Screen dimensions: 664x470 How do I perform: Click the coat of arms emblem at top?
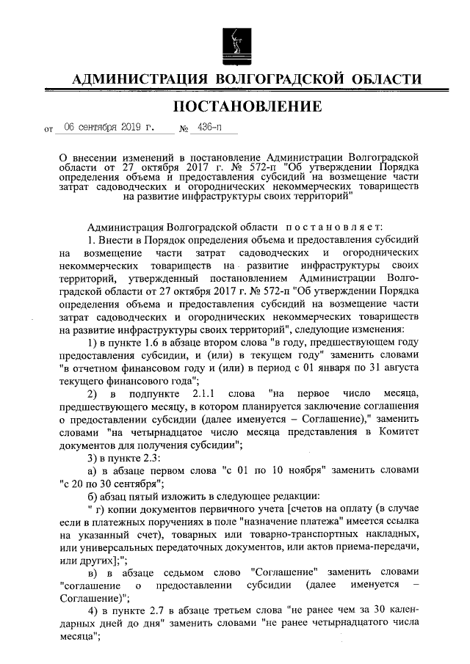coord(234,41)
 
